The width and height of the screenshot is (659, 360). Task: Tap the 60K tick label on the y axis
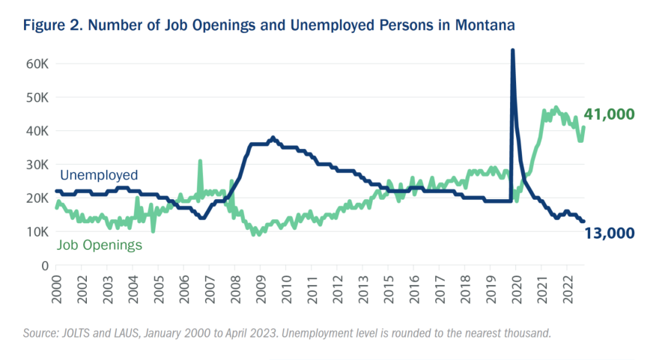point(37,64)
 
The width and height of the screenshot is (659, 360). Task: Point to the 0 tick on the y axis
point(44,266)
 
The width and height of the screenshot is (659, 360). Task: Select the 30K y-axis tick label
point(37,165)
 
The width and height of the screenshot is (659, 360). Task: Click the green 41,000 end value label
point(609,115)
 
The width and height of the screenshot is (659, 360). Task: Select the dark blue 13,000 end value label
point(609,233)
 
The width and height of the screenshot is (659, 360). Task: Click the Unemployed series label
point(97,175)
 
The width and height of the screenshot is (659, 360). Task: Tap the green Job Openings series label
point(100,244)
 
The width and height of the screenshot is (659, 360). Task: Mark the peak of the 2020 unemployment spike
point(512,51)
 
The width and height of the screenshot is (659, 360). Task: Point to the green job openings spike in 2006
point(200,161)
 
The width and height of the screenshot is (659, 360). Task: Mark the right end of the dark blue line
point(583,222)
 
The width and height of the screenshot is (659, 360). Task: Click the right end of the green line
point(583,127)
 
